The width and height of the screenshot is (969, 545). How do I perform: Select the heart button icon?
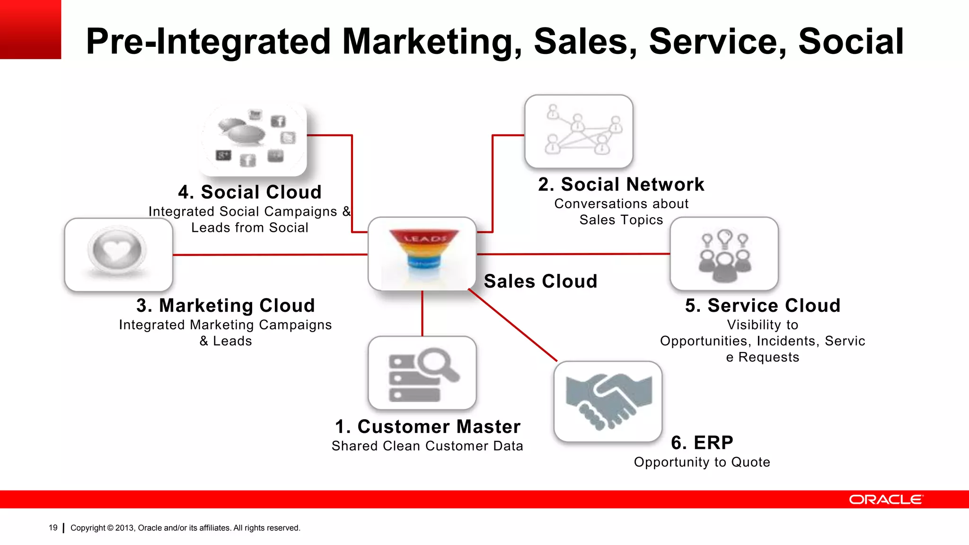117,251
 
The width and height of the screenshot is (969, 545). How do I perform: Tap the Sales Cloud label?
540,281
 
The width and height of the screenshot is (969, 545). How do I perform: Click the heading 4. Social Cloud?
250,192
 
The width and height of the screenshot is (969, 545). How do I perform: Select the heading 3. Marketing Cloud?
226,306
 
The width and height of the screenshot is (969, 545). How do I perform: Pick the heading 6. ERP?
702,443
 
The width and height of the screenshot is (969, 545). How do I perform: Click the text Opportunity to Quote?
702,462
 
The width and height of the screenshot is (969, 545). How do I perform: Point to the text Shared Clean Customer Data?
427,446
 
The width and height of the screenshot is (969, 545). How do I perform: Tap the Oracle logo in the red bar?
886,500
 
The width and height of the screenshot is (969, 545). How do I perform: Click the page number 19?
53,527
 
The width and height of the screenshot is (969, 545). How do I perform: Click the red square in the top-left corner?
30,29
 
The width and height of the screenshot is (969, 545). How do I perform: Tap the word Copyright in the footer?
88,528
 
